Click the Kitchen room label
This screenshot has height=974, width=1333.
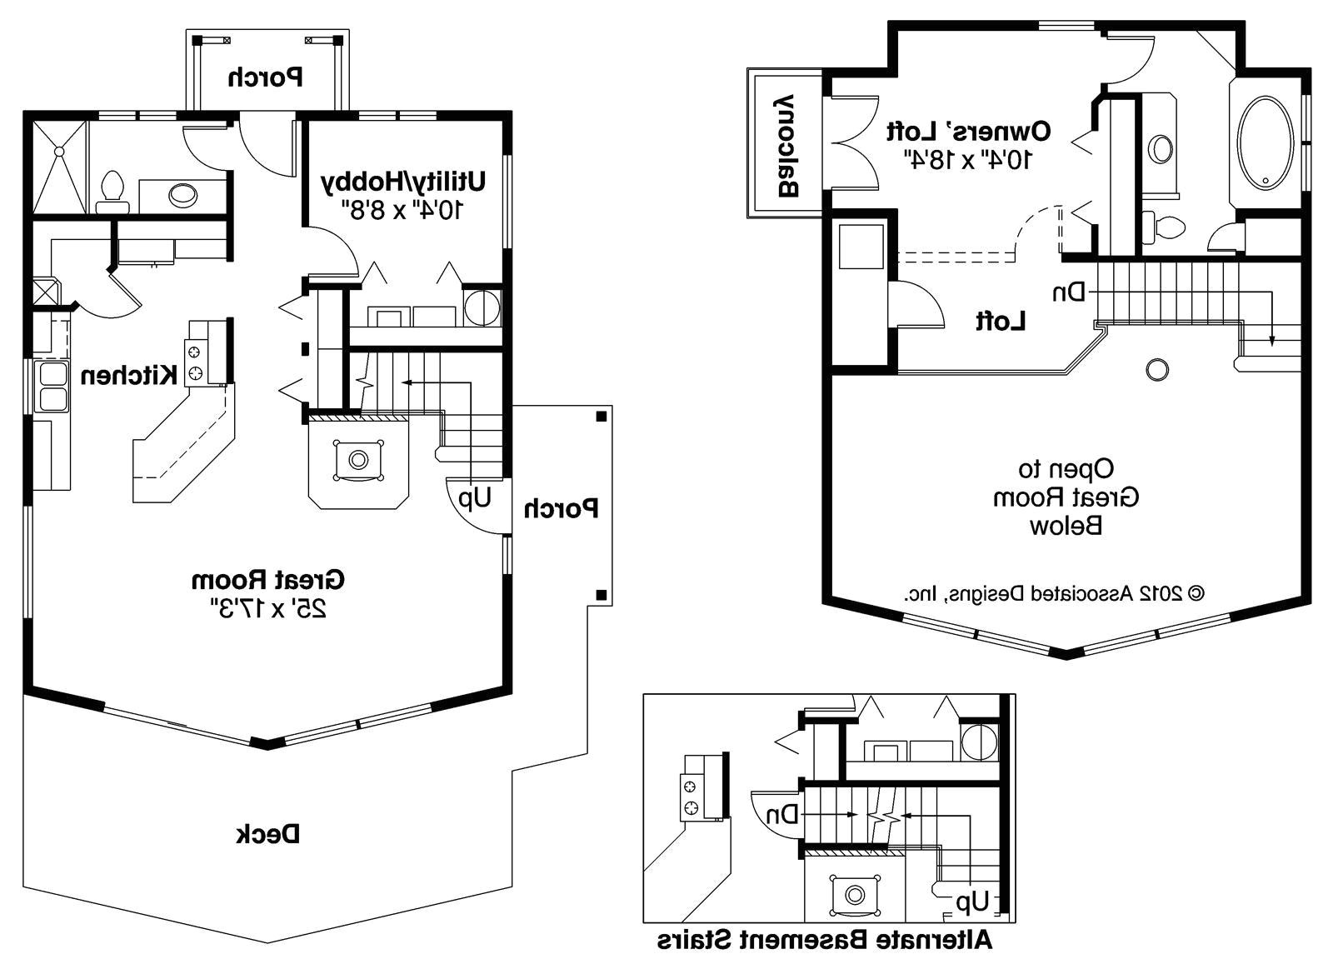point(128,375)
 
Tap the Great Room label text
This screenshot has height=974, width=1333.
point(267,578)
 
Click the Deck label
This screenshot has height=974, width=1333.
point(267,833)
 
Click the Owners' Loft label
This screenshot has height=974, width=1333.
point(968,131)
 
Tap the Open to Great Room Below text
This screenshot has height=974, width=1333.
point(1065,497)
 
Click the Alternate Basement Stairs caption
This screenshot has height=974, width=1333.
point(824,942)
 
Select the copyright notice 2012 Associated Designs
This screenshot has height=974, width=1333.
point(1054,593)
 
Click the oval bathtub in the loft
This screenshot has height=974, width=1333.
point(1266,142)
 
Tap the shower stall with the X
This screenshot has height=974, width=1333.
point(60,167)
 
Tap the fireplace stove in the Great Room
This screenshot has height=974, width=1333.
point(358,459)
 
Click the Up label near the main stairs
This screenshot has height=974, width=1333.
point(473,498)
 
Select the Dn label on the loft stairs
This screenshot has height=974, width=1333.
point(1069,292)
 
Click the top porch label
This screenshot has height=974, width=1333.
point(266,77)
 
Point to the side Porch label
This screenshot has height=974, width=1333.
point(561,508)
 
